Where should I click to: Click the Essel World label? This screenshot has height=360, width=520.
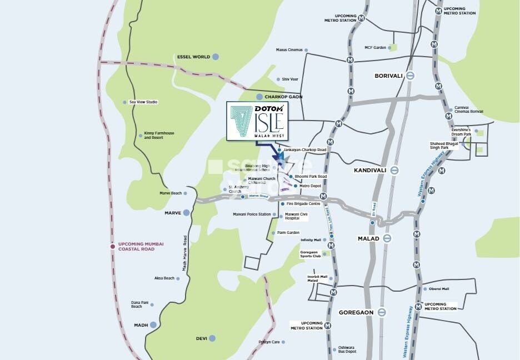(x=193, y=57)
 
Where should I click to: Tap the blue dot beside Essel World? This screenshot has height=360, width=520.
(x=215, y=57)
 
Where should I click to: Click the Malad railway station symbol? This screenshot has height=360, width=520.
(x=387, y=238)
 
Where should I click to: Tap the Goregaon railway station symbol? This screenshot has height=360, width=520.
(x=381, y=312)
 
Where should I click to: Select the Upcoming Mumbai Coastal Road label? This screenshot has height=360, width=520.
(x=137, y=246)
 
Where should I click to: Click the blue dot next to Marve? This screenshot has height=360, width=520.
(x=186, y=212)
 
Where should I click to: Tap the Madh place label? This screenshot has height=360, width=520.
(x=141, y=325)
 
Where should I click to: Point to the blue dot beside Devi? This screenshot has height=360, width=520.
(x=212, y=338)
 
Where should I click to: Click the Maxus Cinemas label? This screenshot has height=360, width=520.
(x=289, y=50)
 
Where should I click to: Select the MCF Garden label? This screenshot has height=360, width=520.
(x=375, y=48)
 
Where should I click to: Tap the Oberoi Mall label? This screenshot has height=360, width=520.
(x=439, y=289)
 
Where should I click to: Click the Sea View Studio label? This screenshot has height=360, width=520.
(x=143, y=102)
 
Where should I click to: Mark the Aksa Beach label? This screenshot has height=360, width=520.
(x=164, y=278)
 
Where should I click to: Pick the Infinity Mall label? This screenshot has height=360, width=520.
(x=311, y=240)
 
